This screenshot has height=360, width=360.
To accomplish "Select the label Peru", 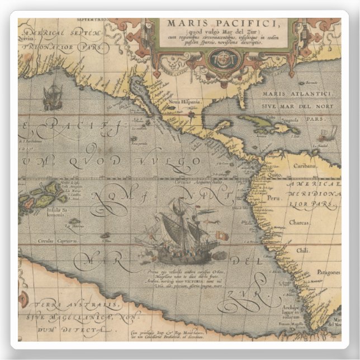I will [274, 198].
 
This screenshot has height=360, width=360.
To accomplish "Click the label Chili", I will [302, 250].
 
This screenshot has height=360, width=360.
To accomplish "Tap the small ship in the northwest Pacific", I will [52, 96].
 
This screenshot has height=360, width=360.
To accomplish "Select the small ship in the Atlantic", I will [326, 135].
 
